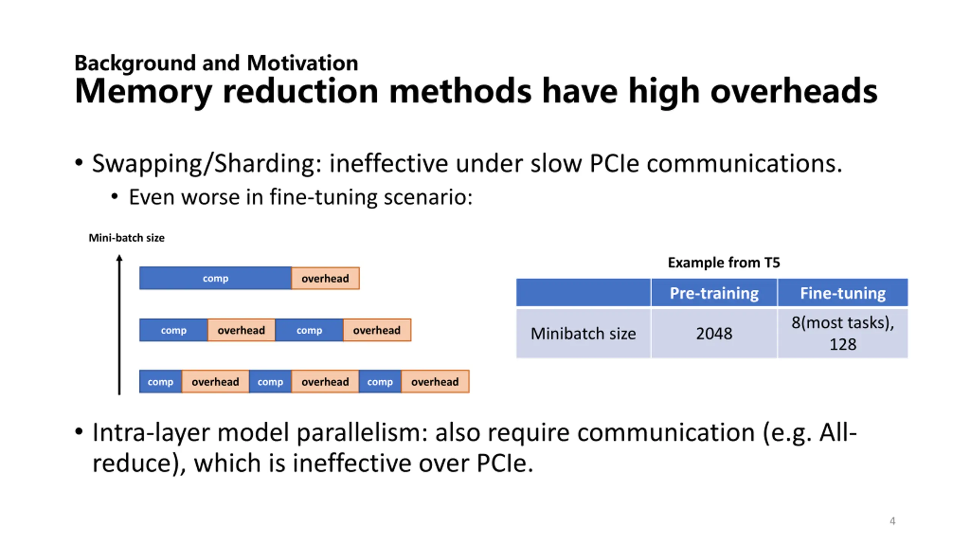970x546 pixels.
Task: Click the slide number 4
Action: (x=892, y=521)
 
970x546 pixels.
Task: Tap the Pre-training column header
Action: (x=714, y=293)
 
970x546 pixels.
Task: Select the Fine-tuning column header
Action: (x=843, y=293)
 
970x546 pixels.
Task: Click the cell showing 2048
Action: (x=714, y=334)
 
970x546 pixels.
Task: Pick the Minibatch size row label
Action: (x=583, y=334)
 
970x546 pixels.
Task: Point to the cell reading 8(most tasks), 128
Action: (x=843, y=334)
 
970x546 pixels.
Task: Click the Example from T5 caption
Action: (x=724, y=262)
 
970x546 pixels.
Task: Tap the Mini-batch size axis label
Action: (x=127, y=238)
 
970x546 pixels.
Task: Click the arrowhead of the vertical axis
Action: (x=119, y=258)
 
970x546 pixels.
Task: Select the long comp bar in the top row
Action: (x=215, y=278)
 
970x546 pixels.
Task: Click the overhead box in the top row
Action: (x=325, y=278)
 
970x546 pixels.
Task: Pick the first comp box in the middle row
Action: (x=173, y=330)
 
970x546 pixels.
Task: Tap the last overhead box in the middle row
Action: (x=377, y=330)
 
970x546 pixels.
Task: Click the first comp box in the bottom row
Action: (x=160, y=382)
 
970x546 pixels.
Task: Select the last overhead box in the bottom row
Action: (x=435, y=382)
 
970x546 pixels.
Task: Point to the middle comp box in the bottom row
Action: (x=270, y=382)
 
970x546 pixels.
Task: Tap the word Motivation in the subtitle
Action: (x=302, y=63)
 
